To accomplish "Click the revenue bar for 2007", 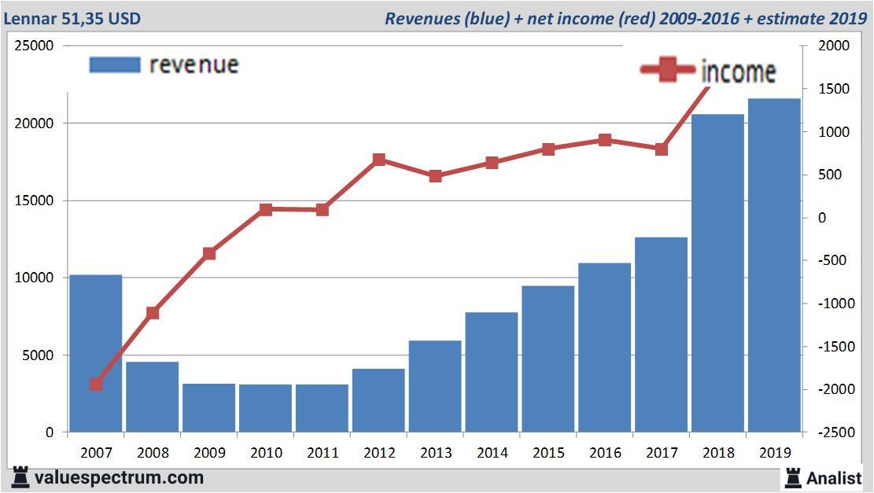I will (96, 353).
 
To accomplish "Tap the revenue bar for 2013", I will (435, 386).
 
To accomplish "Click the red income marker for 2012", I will (378, 160).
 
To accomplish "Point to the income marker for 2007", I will (96, 384).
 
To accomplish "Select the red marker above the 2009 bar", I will (209, 253).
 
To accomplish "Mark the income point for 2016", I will (605, 140).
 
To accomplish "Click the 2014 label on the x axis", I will (492, 453).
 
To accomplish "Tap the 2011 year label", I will (322, 453).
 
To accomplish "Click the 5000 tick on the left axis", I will (37, 355).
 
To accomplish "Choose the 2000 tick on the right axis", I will (835, 46).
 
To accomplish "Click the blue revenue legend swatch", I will (115, 64).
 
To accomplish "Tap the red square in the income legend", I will (668, 71).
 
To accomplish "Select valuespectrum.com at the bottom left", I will (119, 477).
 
